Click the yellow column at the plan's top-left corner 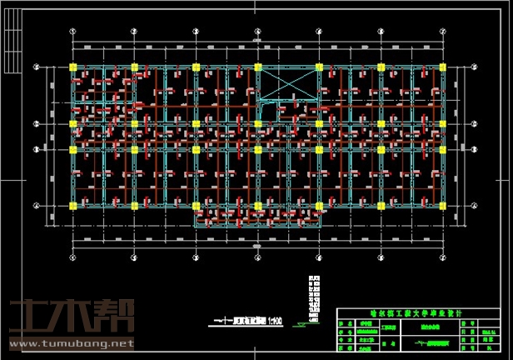pos(72,66)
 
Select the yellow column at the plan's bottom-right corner pos(441,204)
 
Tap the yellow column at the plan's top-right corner pos(441,66)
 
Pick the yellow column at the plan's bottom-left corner pos(72,204)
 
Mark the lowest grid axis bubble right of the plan pos(477,204)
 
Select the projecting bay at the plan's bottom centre pos(258,217)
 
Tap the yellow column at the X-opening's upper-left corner pos(257,66)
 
